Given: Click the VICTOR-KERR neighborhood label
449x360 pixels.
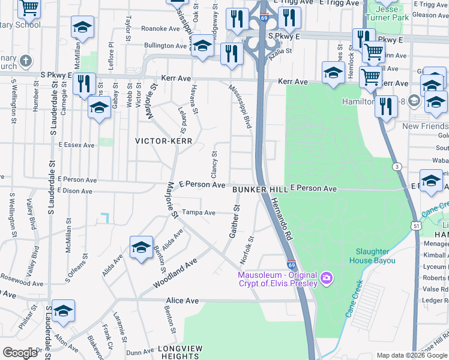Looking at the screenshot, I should [x=163, y=141].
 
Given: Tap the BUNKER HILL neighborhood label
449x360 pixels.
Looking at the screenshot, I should [x=259, y=189].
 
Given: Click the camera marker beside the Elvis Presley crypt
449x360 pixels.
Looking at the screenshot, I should [x=326, y=277].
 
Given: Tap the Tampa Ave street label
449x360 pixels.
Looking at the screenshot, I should [x=199, y=212].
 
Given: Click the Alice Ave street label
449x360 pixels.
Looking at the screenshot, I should [x=182, y=300].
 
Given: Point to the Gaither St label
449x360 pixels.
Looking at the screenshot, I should [x=233, y=221].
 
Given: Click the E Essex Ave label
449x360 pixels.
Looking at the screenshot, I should [x=76, y=145].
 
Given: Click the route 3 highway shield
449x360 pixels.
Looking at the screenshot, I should [x=397, y=166].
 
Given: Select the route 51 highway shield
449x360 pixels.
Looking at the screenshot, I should [x=416, y=225].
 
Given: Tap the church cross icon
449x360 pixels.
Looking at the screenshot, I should [x=25, y=61].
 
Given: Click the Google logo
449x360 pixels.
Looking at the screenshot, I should [x=20, y=353].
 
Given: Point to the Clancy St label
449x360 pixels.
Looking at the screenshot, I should [x=214, y=160].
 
